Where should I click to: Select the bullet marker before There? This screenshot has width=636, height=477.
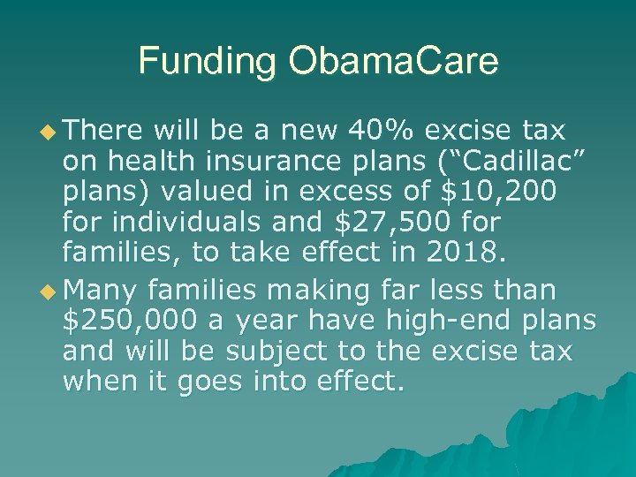point(49,132)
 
